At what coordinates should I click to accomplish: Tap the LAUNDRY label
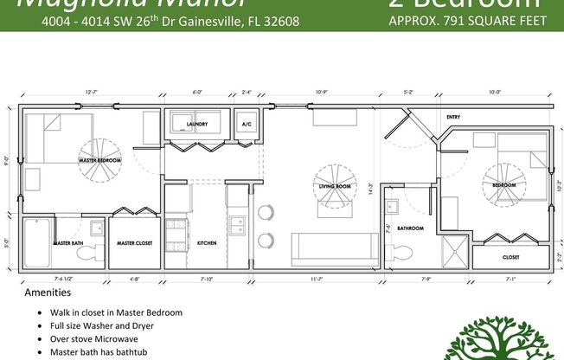coord(197,125)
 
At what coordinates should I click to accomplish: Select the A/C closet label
coord(246,125)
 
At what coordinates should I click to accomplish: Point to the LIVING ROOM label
coord(334,187)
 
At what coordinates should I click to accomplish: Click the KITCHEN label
coord(207,243)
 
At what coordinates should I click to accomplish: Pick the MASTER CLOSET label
coord(135,243)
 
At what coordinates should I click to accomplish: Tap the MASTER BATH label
coord(67,243)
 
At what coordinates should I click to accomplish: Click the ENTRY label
coord(453,117)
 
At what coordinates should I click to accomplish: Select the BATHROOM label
coord(410,228)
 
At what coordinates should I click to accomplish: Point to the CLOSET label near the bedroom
coord(510,257)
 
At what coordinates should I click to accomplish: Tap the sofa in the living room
coord(334,249)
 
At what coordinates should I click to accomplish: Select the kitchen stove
coord(178,232)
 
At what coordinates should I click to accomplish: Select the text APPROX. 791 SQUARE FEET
coord(468,21)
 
